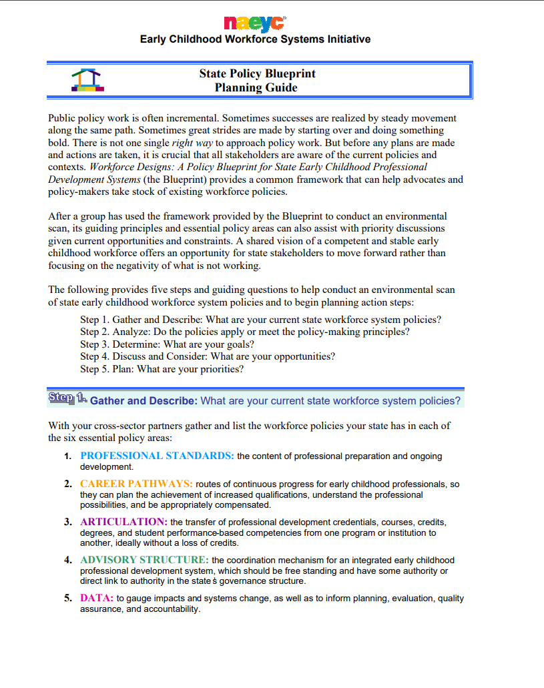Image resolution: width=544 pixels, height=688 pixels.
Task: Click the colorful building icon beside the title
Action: coord(87,80)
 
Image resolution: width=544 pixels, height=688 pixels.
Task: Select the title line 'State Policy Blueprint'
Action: coord(257,73)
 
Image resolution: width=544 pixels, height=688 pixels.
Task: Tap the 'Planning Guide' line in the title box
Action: coord(256,87)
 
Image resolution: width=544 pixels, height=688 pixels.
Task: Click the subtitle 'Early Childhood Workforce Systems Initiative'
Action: coord(255,39)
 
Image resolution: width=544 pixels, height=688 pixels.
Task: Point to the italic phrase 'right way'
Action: coord(192,143)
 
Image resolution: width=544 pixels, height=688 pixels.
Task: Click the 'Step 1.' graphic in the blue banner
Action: coord(67,398)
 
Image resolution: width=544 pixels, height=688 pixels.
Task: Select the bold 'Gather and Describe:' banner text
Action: coord(144,401)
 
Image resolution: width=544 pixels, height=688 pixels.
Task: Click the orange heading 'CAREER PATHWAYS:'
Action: coord(136,483)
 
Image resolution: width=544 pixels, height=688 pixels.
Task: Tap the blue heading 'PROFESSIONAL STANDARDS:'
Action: coord(157,456)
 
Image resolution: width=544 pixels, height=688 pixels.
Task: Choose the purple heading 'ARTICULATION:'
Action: coord(123,521)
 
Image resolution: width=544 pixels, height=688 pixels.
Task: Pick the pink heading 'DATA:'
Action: coord(97,598)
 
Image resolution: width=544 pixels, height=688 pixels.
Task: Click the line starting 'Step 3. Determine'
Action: coord(167,344)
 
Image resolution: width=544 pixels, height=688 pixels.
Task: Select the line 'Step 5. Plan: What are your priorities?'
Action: coord(162,368)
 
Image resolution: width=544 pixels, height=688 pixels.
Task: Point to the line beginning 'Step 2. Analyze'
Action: coord(244,332)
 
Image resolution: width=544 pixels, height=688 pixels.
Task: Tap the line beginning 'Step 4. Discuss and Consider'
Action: coord(207,356)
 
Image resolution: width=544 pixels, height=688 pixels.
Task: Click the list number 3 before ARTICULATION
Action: coord(68,522)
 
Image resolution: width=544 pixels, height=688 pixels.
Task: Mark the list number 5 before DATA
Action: coord(68,599)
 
